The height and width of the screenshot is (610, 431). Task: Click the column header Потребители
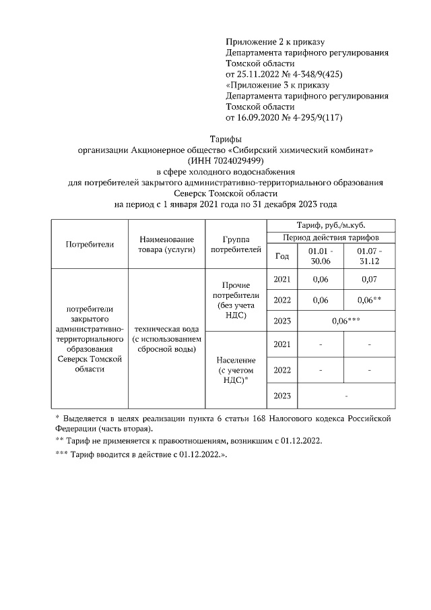[90, 244]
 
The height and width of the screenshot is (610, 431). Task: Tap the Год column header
[282, 256]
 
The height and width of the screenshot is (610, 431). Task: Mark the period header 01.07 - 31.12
[368, 256]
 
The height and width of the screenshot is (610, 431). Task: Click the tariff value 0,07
[368, 279]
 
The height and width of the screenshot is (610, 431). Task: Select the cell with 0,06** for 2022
[368, 300]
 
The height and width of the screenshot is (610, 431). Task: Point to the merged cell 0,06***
[345, 321]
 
